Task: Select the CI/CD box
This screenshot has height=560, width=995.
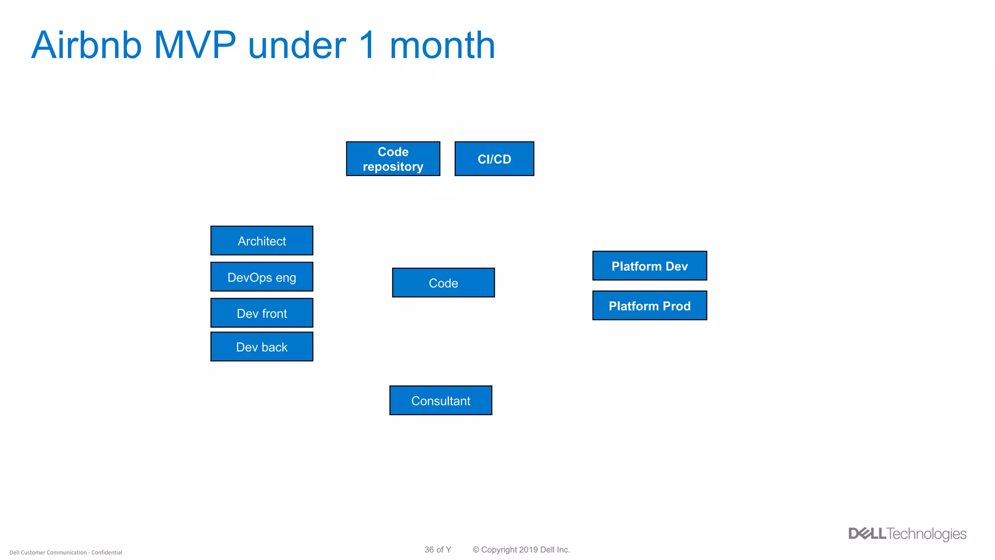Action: tap(494, 159)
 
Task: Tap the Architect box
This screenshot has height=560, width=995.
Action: tap(261, 241)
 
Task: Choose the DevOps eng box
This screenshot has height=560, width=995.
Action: tap(261, 277)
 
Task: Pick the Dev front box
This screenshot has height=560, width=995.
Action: tap(261, 313)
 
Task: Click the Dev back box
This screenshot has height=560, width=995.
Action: tap(261, 347)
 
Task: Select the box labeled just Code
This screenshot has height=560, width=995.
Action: tap(443, 283)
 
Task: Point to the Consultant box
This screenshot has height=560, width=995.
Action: tap(440, 401)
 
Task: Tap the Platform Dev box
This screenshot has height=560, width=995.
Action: tap(649, 266)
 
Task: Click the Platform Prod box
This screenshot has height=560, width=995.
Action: tap(649, 306)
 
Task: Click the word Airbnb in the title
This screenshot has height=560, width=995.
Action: tap(86, 45)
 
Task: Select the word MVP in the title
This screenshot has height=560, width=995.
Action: tap(194, 45)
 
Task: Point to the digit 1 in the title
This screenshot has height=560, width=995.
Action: tap(368, 45)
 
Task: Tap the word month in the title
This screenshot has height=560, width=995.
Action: tap(442, 45)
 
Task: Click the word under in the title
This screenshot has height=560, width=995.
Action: tap(297, 45)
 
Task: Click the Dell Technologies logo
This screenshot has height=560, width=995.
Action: tap(907, 534)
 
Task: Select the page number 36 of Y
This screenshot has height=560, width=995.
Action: tap(437, 550)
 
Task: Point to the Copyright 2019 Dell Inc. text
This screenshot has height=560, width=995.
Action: tap(521, 550)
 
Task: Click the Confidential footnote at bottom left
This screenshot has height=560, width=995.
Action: tap(66, 553)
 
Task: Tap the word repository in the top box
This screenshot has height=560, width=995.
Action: tap(393, 167)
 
